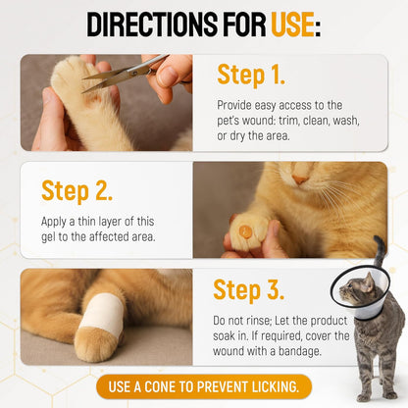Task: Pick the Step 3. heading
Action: click(249, 292)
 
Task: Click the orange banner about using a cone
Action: click(203, 385)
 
